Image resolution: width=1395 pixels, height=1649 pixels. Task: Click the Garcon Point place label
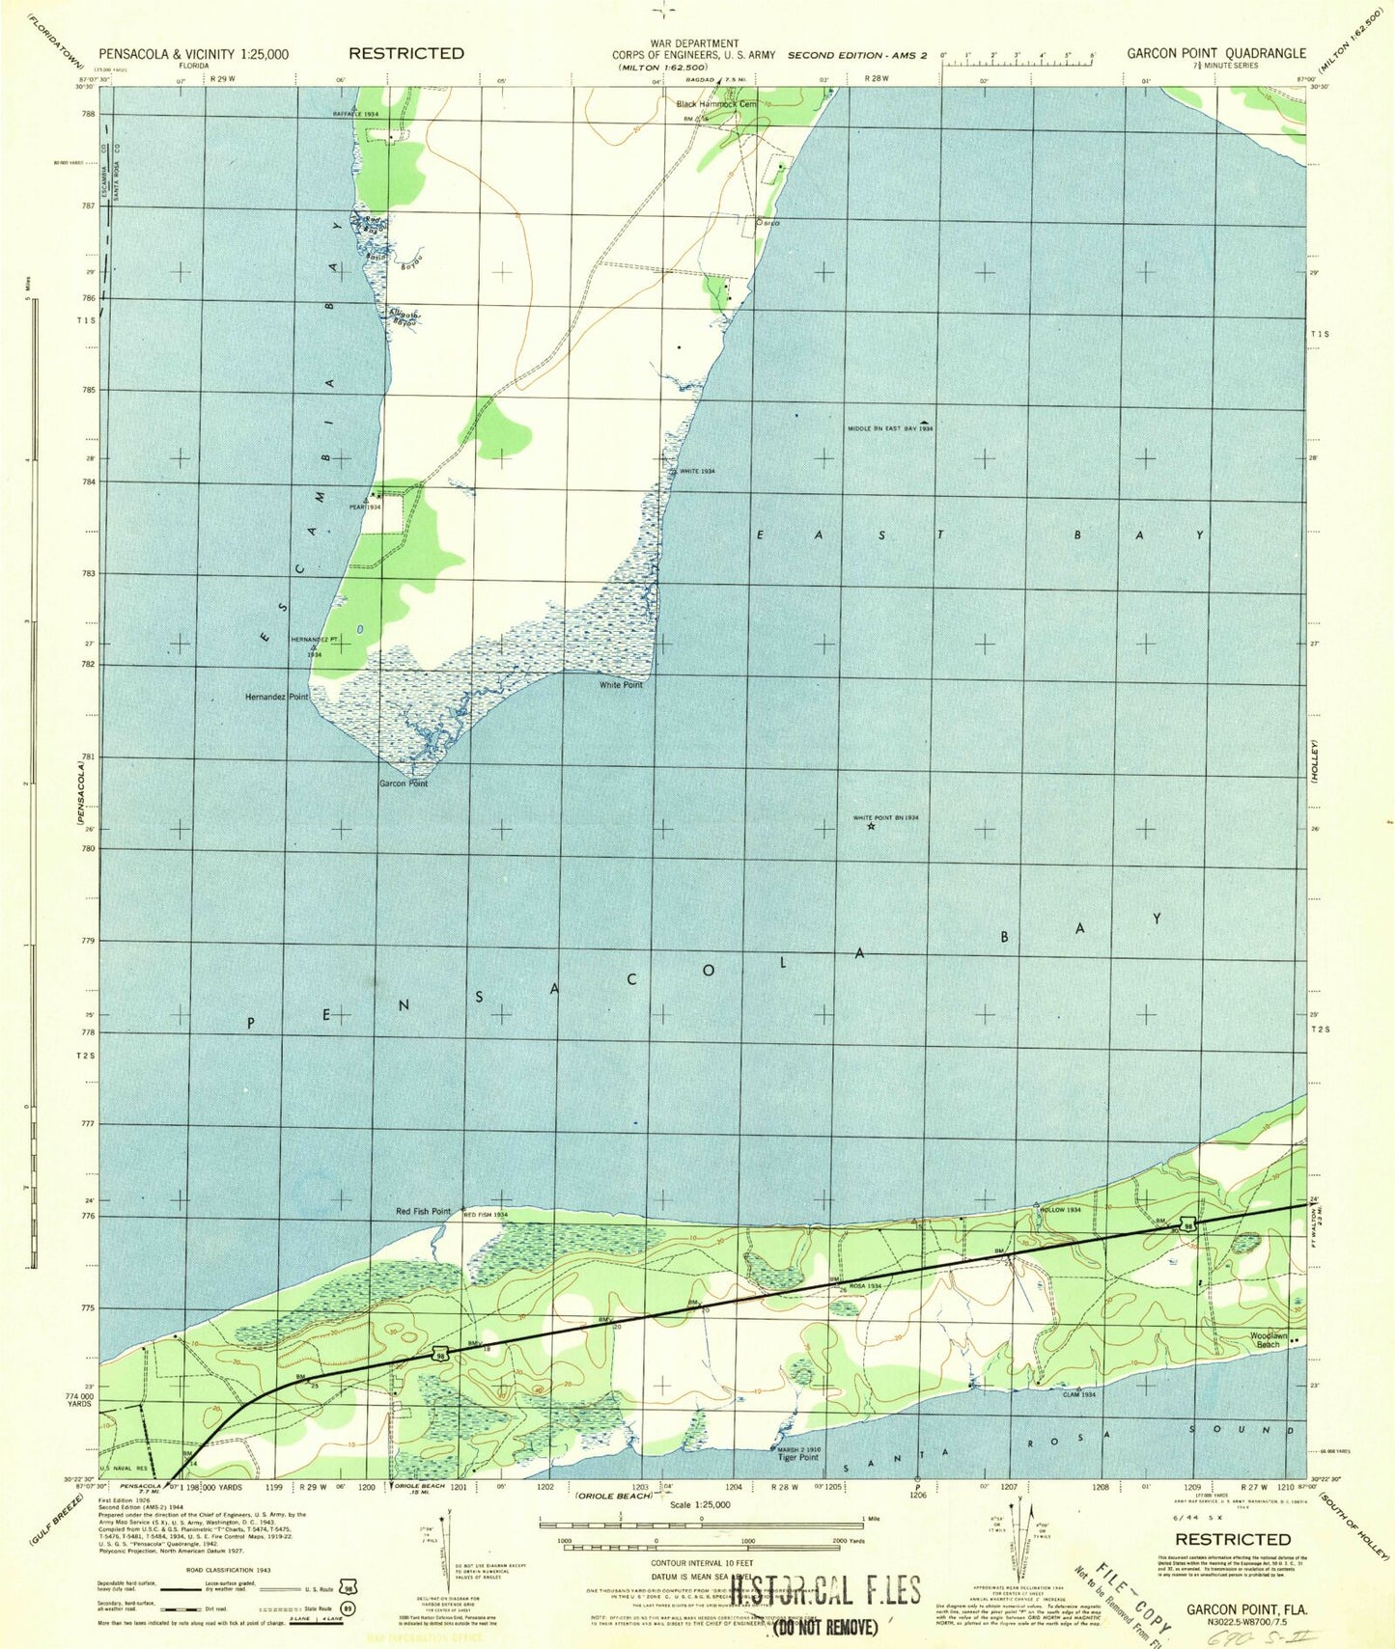pos(403,783)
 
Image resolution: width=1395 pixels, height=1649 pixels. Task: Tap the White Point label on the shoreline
pos(621,684)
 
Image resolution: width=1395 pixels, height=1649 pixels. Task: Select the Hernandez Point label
pos(277,696)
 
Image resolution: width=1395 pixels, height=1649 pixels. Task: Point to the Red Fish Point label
pos(423,1211)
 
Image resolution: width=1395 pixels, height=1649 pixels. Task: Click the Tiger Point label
pos(798,1457)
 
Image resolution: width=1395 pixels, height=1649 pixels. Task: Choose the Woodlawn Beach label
pos(1269,1340)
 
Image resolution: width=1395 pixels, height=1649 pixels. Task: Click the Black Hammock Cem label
pos(716,103)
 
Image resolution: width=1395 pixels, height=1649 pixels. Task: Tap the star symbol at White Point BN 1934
pos(871,826)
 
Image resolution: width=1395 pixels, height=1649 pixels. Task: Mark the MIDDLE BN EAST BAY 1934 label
pos(890,427)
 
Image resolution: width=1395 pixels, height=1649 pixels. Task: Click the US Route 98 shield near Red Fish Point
pos(439,1355)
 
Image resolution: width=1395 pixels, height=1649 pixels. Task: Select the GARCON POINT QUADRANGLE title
pos(1215,54)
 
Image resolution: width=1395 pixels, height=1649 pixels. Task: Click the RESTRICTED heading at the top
pos(406,53)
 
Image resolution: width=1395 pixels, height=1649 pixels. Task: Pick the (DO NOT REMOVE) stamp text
pos(824,1627)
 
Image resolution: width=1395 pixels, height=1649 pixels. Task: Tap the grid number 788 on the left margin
pos(89,114)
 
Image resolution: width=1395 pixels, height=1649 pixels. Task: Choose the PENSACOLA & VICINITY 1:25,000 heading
pos(193,54)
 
